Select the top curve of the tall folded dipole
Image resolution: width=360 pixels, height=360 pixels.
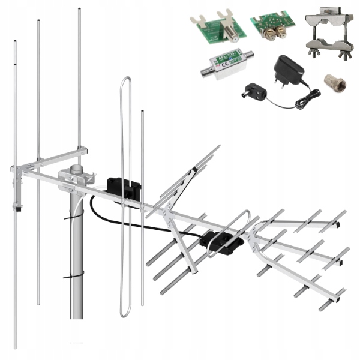tap(125, 79)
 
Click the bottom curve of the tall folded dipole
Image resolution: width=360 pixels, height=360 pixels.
tap(125, 313)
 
